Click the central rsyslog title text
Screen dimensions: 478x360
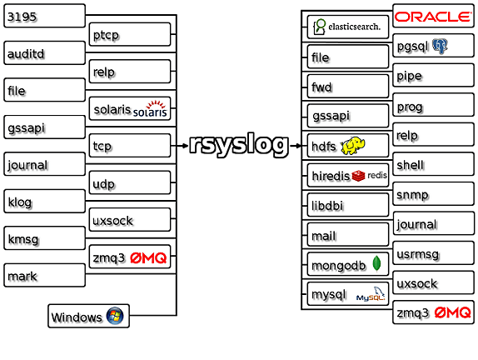239,145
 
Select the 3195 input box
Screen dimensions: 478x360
44,16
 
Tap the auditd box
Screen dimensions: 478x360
44,53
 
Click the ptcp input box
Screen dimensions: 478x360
130,34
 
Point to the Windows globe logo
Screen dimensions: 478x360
115,316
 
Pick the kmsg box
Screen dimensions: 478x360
44,238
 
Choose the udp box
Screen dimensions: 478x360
130,182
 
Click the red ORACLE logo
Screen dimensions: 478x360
433,17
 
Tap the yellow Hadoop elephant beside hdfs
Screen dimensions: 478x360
353,146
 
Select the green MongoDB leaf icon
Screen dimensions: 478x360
377,263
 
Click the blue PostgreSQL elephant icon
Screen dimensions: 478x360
440,46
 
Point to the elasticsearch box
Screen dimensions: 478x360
348,27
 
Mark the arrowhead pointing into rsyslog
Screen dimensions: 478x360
185,146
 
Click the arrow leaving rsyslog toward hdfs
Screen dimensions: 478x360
295,146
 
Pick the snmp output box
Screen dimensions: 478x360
434,194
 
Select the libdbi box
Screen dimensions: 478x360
348,205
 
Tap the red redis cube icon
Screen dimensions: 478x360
358,176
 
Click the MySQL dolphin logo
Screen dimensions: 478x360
371,294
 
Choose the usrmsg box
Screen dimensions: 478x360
434,253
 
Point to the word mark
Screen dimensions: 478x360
22,277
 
